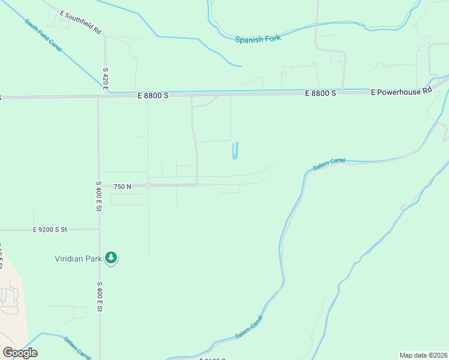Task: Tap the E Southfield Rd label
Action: coord(80,22)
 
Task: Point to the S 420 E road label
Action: coord(105,79)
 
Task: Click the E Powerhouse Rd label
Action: coord(402,92)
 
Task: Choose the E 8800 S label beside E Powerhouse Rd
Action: coord(320,94)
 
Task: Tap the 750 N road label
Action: coord(122,187)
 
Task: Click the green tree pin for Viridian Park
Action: coord(111,258)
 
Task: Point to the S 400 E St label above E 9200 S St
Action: coord(99,196)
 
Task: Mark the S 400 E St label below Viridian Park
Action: coord(100,297)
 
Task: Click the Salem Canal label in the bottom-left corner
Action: coord(78,347)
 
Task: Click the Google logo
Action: coord(20,353)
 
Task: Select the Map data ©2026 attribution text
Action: coord(423,355)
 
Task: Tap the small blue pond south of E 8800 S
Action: coord(235,151)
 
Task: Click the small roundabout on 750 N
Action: coord(148,186)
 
